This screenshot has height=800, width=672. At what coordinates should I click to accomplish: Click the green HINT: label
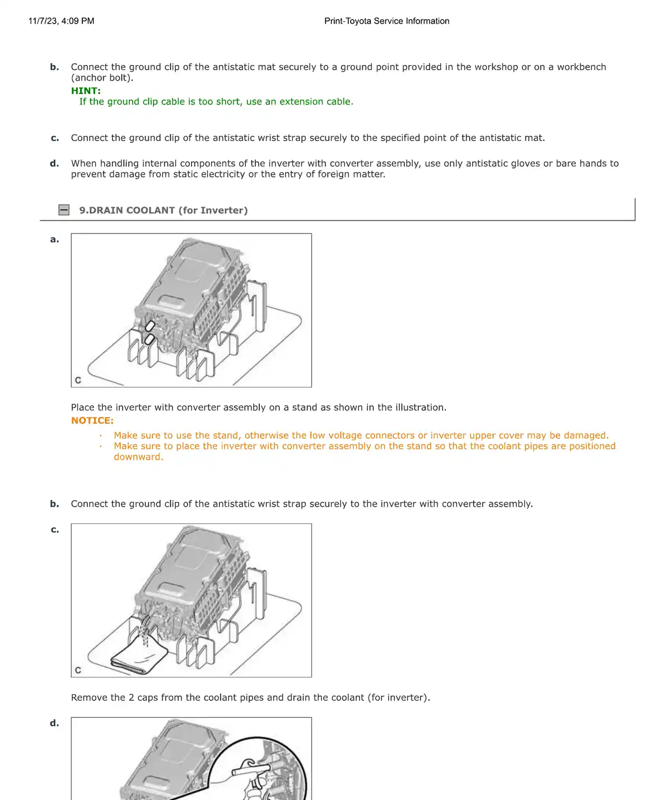86,91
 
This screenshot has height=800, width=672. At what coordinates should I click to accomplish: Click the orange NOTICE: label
92,420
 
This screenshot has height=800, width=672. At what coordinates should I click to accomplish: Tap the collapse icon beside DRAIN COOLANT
64,210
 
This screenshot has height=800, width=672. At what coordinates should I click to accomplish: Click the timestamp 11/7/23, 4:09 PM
61,21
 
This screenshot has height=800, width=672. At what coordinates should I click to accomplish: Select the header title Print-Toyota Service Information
386,21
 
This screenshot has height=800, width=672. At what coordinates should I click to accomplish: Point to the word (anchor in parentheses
88,78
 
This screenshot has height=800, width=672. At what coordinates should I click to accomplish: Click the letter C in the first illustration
78,380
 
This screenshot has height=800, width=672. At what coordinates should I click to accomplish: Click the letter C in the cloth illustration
78,670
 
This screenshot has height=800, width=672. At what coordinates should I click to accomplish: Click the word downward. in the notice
138,457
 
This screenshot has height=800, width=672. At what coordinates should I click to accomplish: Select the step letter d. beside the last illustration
54,723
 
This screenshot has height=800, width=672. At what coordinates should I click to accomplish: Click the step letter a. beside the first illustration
54,240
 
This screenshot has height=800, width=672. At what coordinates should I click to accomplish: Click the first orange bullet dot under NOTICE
101,436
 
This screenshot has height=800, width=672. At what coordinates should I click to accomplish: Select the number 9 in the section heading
82,210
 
